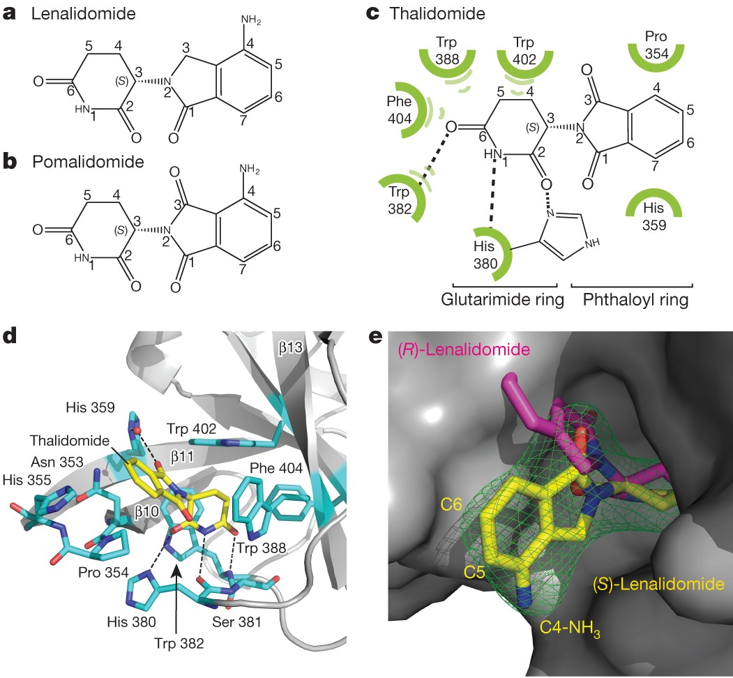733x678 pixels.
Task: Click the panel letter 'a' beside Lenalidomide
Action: (x=10, y=15)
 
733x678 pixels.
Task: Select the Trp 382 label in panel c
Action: (x=400, y=199)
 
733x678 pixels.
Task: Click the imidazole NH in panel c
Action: (x=590, y=243)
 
